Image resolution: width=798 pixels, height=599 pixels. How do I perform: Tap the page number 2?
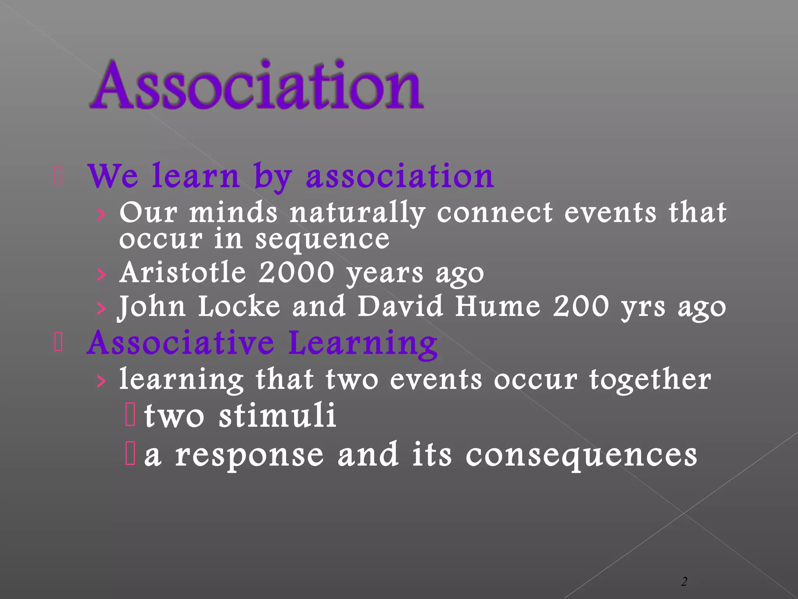pyautogui.click(x=684, y=581)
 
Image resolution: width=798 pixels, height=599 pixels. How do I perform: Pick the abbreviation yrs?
pyautogui.click(x=643, y=308)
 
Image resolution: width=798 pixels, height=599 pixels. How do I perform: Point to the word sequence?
pyautogui.click(x=322, y=239)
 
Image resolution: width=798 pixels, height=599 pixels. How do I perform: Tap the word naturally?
pyautogui.click(x=357, y=214)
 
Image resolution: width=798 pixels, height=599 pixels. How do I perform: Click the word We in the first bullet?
pyautogui.click(x=113, y=176)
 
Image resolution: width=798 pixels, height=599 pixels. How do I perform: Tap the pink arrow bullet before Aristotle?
pyautogui.click(x=101, y=275)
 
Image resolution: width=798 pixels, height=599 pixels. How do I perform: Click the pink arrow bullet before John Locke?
pyautogui.click(x=101, y=308)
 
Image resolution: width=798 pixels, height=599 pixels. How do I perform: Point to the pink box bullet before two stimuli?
pyautogui.click(x=130, y=415)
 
